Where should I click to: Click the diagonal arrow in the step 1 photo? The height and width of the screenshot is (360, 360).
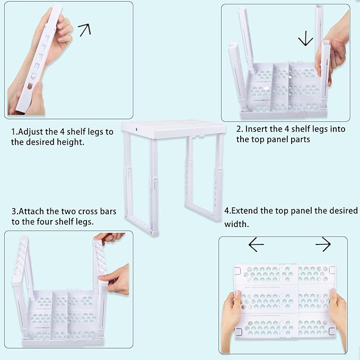pyautogui.click(x=84, y=30)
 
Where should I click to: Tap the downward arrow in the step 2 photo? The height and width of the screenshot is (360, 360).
pyautogui.click(x=305, y=39)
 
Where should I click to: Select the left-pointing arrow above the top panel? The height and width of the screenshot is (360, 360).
pyautogui.click(x=256, y=244)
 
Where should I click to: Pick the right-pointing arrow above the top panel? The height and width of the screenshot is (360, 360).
pyautogui.click(x=323, y=244)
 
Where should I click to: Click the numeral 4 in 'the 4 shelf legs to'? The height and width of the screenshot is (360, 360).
pyautogui.click(x=62, y=132)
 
